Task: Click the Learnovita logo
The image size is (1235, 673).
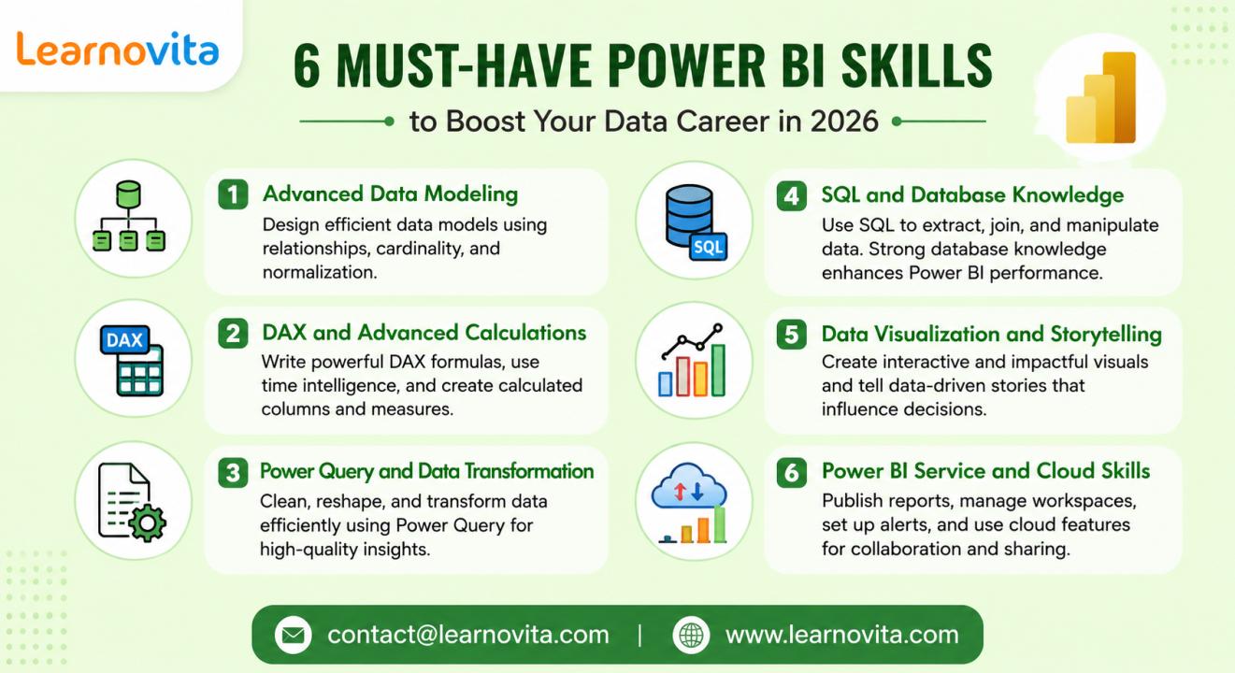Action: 118,49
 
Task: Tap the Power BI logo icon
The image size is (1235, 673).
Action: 1101,97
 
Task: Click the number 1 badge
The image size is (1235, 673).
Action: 233,194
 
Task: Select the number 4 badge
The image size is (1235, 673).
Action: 791,195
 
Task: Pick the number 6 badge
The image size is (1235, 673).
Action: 791,472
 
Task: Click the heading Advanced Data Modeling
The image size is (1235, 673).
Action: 391,194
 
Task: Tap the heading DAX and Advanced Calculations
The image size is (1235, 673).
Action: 424,333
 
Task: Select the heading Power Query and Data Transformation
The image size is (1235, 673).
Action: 426,471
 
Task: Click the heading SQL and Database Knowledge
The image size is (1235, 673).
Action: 972,195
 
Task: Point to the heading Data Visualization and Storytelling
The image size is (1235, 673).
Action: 992,334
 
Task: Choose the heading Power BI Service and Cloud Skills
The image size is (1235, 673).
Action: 985,471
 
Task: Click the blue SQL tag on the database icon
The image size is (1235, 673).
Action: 708,247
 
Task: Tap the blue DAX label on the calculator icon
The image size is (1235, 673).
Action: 124,339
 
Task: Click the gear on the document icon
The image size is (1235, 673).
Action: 147,522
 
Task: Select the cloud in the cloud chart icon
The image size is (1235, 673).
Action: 689,486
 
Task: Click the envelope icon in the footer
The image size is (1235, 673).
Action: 293,635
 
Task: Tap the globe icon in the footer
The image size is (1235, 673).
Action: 691,635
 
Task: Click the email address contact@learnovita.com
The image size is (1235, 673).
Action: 468,635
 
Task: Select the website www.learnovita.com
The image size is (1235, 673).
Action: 842,635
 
